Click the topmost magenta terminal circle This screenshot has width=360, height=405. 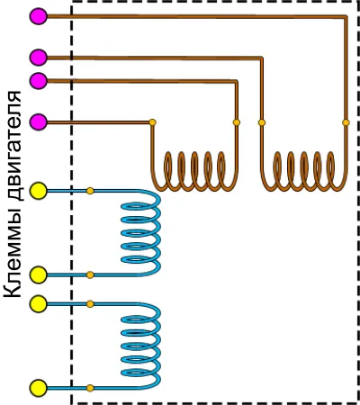coord(39,16)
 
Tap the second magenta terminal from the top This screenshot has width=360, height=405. coord(39,58)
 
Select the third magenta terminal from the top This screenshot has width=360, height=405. coord(39,80)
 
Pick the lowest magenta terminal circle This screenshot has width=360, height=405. coord(39,122)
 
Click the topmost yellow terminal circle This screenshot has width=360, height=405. coord(39,191)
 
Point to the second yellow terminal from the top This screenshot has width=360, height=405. coord(39,274)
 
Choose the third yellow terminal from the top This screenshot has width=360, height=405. coord(39,304)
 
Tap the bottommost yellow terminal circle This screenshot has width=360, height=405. coord(39,388)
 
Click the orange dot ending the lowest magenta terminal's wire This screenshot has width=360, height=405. coord(152,122)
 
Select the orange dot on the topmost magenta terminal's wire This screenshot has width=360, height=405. coord(346,122)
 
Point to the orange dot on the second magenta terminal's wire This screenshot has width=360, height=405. coord(262,122)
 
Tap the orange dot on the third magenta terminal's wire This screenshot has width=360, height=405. coord(237,122)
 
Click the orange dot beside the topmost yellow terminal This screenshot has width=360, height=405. coord(90,191)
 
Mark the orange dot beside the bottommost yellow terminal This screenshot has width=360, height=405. coord(90,388)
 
